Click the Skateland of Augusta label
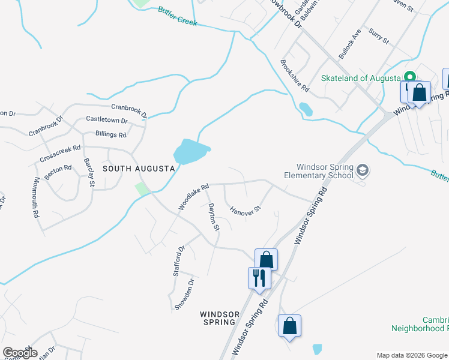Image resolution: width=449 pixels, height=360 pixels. point(360,79)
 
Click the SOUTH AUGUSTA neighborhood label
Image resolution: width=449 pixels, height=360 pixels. point(138,169)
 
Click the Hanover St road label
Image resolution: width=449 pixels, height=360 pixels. point(246,211)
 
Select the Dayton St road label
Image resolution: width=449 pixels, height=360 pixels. point(214,217)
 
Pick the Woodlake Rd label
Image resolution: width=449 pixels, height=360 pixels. point(193,197)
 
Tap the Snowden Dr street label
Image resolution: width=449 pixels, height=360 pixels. point(184,295)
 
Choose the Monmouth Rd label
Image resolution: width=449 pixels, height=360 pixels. point(37,196)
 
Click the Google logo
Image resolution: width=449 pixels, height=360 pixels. point(19,353)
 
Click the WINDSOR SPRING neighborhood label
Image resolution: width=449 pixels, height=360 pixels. point(218,318)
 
